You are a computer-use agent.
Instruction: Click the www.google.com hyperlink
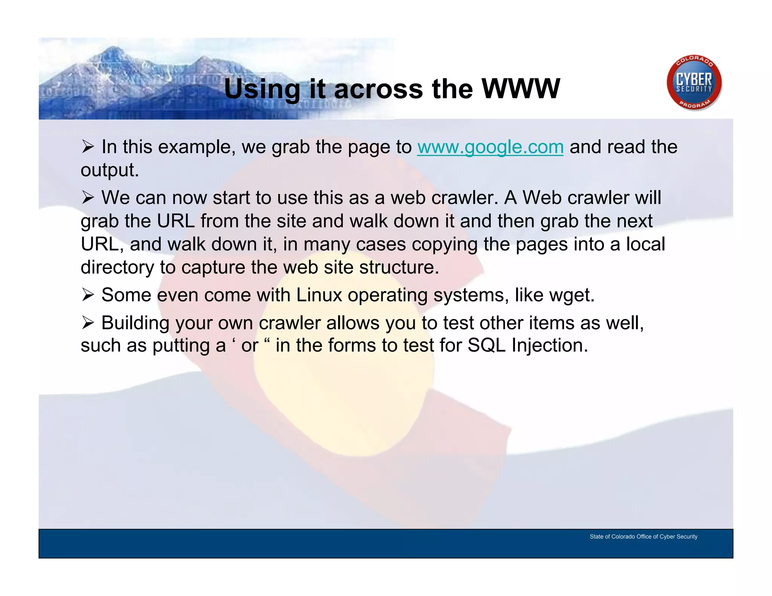point(490,147)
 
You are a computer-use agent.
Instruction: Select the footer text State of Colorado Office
point(643,536)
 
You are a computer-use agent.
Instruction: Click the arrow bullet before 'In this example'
point(87,147)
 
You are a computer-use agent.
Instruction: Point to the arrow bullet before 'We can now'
point(87,197)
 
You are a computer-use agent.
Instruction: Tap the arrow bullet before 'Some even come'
point(87,295)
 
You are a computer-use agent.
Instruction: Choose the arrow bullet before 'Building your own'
point(87,322)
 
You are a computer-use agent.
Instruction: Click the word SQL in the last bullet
point(486,345)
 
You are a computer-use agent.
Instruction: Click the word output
point(109,170)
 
